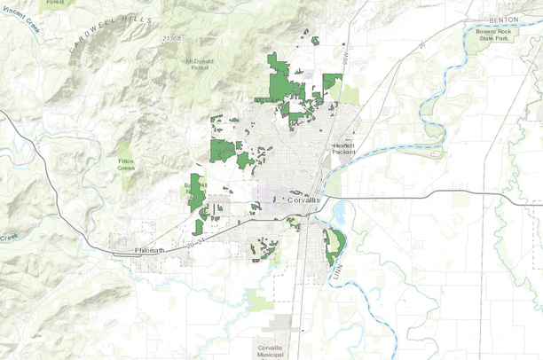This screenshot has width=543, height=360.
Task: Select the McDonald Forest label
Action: pos(200,65)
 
